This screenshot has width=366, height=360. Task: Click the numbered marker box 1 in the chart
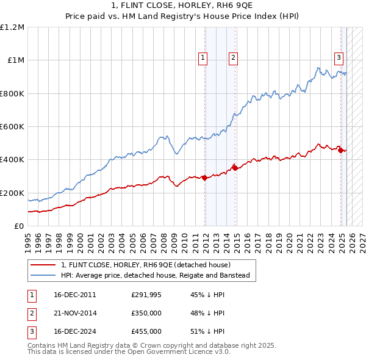(203, 58)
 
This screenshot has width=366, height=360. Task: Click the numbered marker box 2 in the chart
(233, 58)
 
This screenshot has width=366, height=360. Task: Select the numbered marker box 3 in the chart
(339, 58)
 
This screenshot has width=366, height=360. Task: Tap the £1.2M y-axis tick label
(12, 27)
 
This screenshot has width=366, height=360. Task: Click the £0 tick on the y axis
(20, 226)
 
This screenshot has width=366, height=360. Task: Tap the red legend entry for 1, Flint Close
(145, 265)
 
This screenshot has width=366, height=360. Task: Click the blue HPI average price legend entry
(155, 276)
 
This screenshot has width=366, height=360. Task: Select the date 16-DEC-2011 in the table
(75, 295)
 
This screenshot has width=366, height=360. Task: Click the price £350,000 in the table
(146, 314)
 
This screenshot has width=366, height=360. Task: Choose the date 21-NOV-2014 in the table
(75, 314)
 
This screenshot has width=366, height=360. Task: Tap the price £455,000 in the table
(146, 332)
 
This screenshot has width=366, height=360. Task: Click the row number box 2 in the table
(31, 314)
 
